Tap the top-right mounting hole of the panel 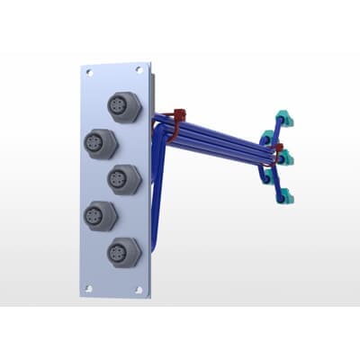139,70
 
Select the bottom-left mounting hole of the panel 88,288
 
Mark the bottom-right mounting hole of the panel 139,290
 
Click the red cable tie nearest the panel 178,122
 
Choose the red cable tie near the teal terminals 279,149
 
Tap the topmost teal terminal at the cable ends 283,117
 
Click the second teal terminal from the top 268,138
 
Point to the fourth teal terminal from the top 267,178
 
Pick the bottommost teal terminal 286,198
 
